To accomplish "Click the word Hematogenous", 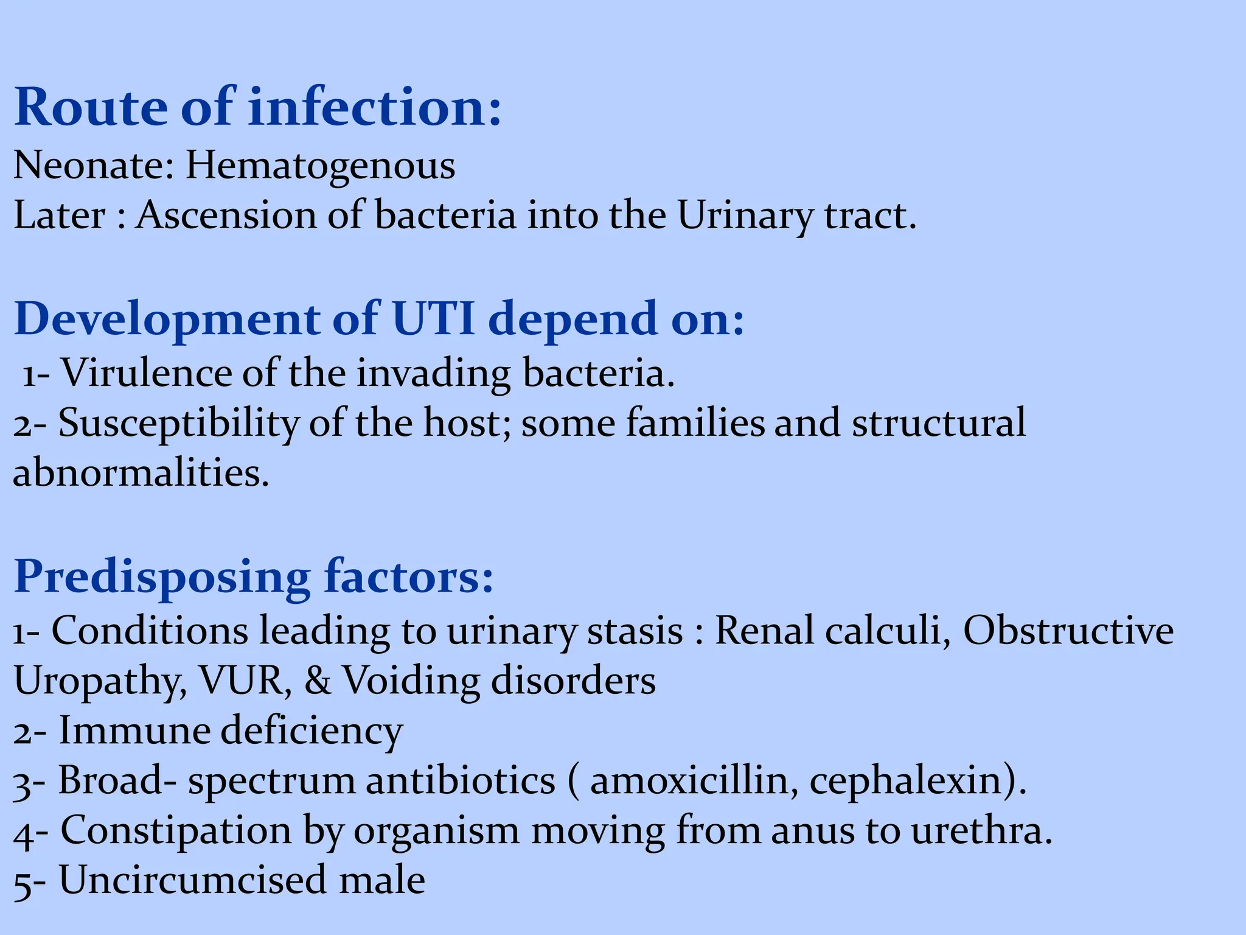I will pos(320,166).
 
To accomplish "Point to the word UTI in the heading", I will pos(433,318).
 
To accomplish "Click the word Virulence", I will pos(146,373).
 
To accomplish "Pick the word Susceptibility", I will pos(178,423).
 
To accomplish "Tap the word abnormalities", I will pos(141,473).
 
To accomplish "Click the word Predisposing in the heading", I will pos(162,576).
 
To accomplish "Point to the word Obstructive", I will pos(1068,631).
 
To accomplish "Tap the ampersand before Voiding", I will pos(318,681).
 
